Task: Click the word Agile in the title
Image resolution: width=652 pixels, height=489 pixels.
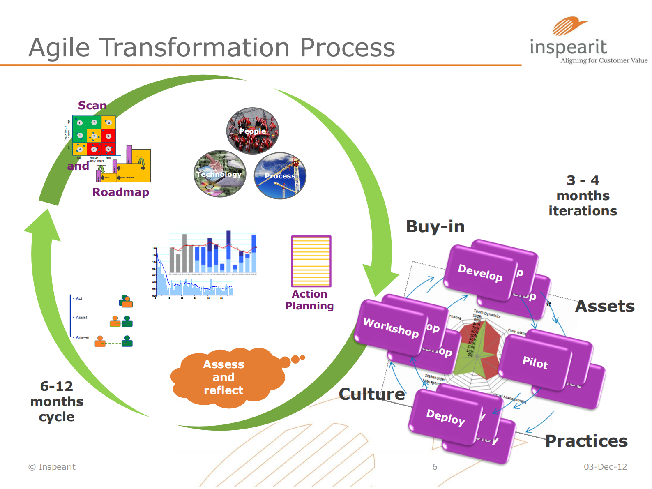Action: coord(60,48)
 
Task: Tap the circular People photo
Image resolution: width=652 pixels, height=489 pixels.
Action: coord(253,131)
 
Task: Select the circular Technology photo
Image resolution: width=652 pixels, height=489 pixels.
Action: coord(220,174)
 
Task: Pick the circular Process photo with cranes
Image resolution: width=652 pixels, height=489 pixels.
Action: coord(280,176)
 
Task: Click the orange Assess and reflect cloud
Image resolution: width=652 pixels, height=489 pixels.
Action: coord(224,377)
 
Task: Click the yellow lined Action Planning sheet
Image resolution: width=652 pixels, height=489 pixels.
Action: coord(311,261)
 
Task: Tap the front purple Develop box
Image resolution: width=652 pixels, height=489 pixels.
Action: coord(480,272)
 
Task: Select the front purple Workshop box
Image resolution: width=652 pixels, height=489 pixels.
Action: coord(391,328)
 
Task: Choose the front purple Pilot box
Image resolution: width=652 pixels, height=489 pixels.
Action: coord(535,362)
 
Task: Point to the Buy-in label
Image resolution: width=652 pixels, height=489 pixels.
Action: coord(435,226)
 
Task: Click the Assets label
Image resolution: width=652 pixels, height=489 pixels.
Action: coord(605,306)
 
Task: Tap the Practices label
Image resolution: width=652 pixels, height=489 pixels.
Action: coord(586,441)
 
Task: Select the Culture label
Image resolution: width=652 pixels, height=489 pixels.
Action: coord(372,394)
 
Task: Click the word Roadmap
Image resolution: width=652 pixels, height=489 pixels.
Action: coord(121,192)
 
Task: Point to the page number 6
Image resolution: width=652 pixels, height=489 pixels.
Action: coord(435,467)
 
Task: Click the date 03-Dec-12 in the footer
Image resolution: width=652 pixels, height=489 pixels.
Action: coord(605,467)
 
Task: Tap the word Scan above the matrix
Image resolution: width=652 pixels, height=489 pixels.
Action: coord(92,106)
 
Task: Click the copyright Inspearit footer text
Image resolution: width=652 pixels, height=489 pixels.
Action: coord(52,467)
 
